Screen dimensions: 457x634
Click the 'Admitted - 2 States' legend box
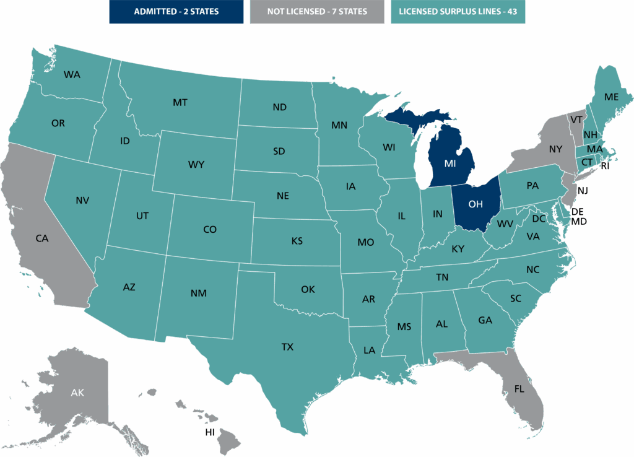[x=176, y=11]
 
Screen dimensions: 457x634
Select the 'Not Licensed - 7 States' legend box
[x=317, y=11]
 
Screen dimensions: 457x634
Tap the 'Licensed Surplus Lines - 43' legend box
[x=458, y=11]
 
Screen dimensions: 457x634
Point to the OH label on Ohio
[x=475, y=204]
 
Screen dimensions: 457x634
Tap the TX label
[x=287, y=347]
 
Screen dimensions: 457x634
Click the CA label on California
[x=42, y=238]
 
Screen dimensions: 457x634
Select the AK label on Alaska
[x=77, y=393]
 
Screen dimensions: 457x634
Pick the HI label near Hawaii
[x=210, y=432]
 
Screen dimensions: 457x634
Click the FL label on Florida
[x=519, y=389]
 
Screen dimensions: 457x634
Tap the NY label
[x=555, y=149]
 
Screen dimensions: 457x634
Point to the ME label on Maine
[x=612, y=97]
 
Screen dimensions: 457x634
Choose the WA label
[x=72, y=74]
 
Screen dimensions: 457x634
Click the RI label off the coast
[x=605, y=166]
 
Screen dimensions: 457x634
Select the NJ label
[x=583, y=190]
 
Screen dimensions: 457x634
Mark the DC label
[x=539, y=219]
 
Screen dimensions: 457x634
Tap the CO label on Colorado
[x=210, y=229]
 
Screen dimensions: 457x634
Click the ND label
[x=279, y=107]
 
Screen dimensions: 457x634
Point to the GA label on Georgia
[x=485, y=320]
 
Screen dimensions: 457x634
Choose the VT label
[x=576, y=120]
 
